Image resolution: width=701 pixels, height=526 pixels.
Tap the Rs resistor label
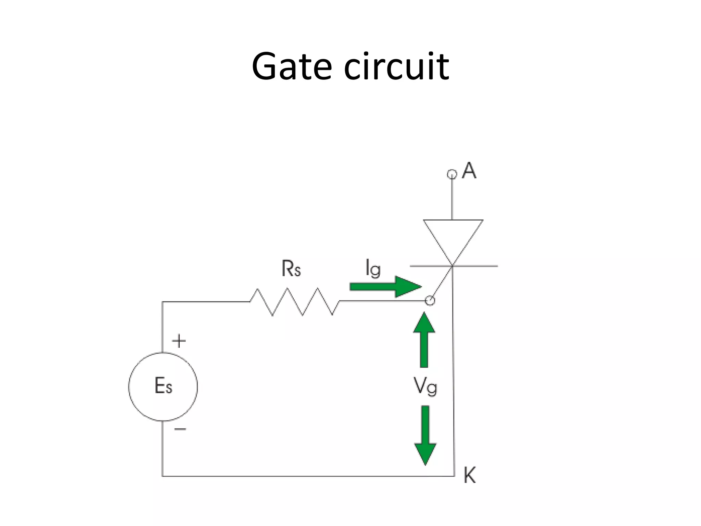click(291, 268)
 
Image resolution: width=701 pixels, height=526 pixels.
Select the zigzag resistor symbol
click(295, 302)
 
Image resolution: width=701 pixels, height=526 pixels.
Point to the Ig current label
click(373, 268)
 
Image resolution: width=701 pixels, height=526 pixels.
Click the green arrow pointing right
click(385, 286)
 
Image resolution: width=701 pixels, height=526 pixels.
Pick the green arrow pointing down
click(425, 435)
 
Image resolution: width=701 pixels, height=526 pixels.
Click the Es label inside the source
click(163, 386)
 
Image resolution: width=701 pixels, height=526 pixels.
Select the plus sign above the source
click(179, 341)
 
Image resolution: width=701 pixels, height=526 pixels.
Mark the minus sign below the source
click(180, 429)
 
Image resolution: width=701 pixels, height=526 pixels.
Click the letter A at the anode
click(469, 170)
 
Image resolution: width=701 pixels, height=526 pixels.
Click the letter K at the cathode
click(470, 475)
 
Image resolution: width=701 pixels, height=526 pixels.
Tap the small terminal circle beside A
click(452, 174)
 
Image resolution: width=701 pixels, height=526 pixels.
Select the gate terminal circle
click(430, 301)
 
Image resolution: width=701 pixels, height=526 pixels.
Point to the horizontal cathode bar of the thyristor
click(479, 266)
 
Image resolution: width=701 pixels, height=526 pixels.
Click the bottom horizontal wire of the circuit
click(308, 476)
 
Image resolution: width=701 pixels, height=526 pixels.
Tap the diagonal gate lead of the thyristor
click(442, 283)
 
